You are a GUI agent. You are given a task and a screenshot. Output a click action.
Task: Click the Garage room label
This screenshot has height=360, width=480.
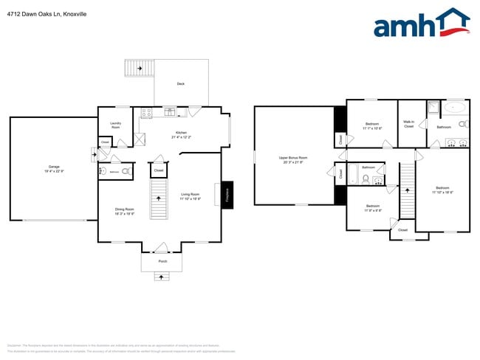point(54,169)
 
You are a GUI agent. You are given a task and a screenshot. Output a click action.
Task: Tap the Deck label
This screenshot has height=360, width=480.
point(180,84)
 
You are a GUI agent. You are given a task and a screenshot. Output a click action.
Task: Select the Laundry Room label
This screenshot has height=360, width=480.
point(116,125)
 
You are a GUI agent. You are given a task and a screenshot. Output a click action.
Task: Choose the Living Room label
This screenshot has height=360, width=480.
point(191,196)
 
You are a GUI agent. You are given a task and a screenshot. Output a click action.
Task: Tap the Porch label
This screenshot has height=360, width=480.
point(163,261)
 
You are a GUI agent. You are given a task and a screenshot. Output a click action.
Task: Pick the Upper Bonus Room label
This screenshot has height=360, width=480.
point(293,159)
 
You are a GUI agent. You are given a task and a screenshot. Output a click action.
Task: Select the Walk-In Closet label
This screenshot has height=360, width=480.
point(408,124)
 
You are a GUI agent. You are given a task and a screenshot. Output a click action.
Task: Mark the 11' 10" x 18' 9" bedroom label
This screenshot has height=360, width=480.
point(442,190)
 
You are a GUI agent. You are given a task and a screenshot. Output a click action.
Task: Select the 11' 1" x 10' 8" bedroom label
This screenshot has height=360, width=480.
point(371,126)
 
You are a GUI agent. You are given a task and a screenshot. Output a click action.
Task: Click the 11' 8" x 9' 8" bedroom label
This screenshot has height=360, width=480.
point(372,208)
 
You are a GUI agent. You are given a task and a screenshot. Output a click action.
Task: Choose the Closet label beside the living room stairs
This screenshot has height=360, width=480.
point(159,170)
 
